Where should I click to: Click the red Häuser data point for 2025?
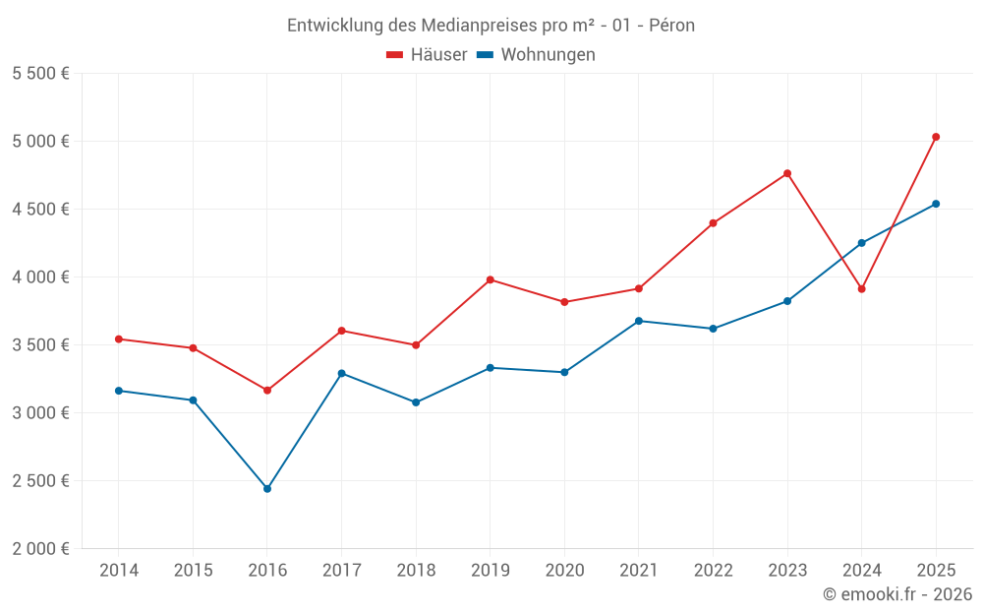[936, 137]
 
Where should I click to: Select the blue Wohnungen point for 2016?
[267, 489]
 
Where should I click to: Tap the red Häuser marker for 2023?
[787, 174]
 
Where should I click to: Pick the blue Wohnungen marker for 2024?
[862, 243]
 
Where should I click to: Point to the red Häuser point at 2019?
[491, 279]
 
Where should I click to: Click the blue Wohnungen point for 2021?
[639, 321]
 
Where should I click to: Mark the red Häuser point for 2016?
[267, 391]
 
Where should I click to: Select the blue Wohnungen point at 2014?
[119, 391]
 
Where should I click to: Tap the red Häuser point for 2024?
[862, 289]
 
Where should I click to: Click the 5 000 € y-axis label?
[40, 141]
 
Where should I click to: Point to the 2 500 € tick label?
[40, 481]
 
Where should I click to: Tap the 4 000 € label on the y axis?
[40, 277]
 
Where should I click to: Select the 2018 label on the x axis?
[416, 571]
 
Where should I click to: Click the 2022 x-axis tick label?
[713, 571]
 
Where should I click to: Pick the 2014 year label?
[119, 571]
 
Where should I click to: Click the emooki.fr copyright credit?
[896, 594]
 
